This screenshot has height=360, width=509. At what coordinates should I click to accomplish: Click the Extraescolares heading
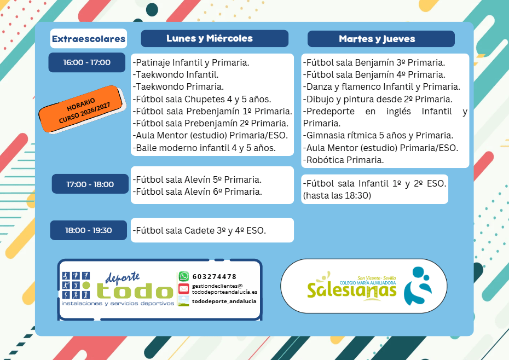click(x=88, y=39)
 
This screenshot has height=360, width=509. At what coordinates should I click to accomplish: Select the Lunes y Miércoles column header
click(x=210, y=38)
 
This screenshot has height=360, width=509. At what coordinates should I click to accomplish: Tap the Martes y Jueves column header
click(x=377, y=39)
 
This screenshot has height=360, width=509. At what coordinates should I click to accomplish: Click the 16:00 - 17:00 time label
click(x=86, y=62)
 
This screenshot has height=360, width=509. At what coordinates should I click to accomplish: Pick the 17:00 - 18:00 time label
click(x=90, y=184)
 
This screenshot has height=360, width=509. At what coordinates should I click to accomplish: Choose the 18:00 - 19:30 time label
click(x=88, y=230)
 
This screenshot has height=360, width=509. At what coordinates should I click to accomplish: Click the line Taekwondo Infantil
click(x=175, y=74)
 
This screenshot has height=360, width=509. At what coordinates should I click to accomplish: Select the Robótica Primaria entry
click(x=344, y=160)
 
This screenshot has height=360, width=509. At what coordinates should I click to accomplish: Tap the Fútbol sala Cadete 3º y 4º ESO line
click(x=199, y=230)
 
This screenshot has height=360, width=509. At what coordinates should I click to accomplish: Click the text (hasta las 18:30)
click(x=337, y=195)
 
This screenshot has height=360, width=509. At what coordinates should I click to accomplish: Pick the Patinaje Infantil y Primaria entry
click(x=191, y=63)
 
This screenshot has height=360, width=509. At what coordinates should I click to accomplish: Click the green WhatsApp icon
click(x=184, y=276)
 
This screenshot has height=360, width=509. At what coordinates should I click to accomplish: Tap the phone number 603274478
click(x=215, y=277)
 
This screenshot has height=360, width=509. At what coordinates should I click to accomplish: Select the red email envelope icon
click(x=184, y=288)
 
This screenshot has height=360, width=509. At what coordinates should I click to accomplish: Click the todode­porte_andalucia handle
click(x=224, y=301)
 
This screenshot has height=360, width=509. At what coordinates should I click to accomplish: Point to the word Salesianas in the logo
click(x=351, y=290)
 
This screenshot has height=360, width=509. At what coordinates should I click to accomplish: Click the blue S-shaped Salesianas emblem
click(x=418, y=286)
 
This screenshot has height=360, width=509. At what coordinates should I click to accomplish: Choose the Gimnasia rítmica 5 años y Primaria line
click(x=378, y=135)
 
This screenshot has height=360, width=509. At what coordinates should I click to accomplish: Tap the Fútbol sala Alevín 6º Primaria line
click(x=197, y=192)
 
